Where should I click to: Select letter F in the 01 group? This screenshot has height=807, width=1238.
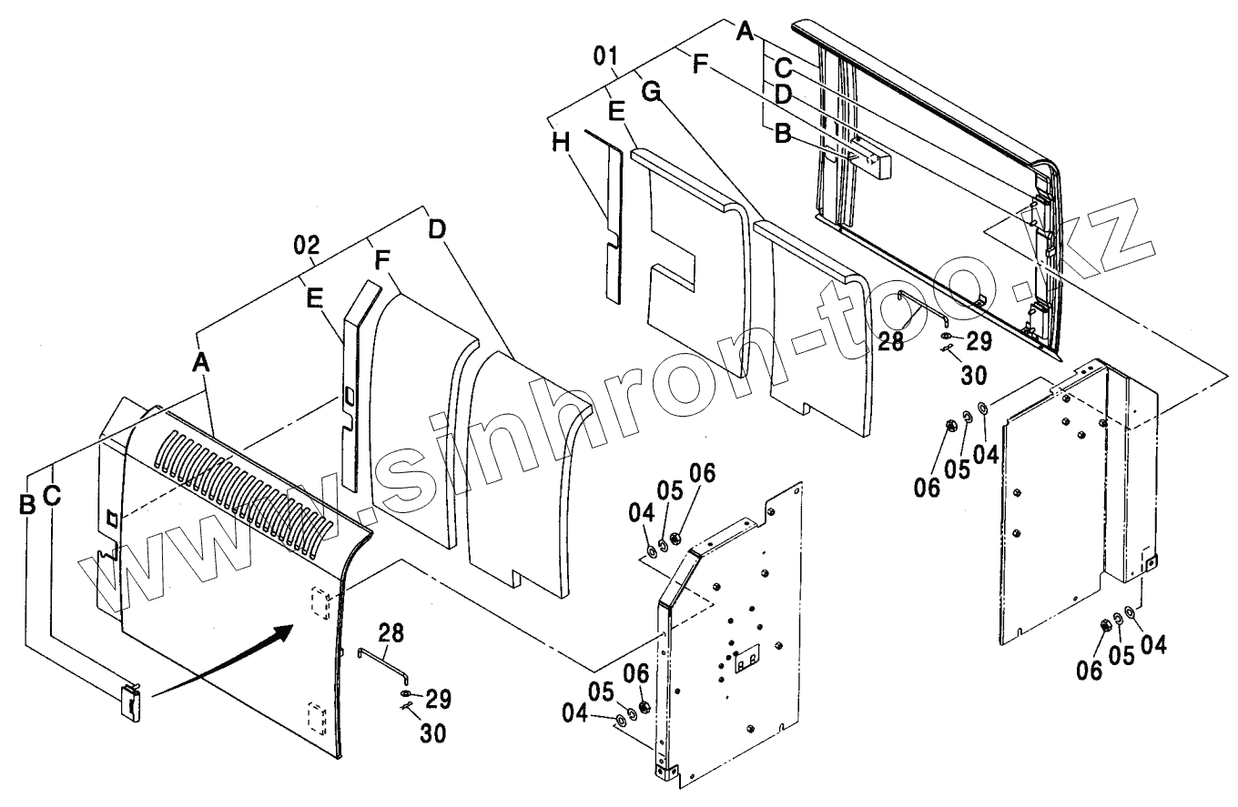click(x=698, y=66)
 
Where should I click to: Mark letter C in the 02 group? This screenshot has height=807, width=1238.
click(x=53, y=496)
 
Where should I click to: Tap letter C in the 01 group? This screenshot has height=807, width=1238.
click(x=782, y=66)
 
